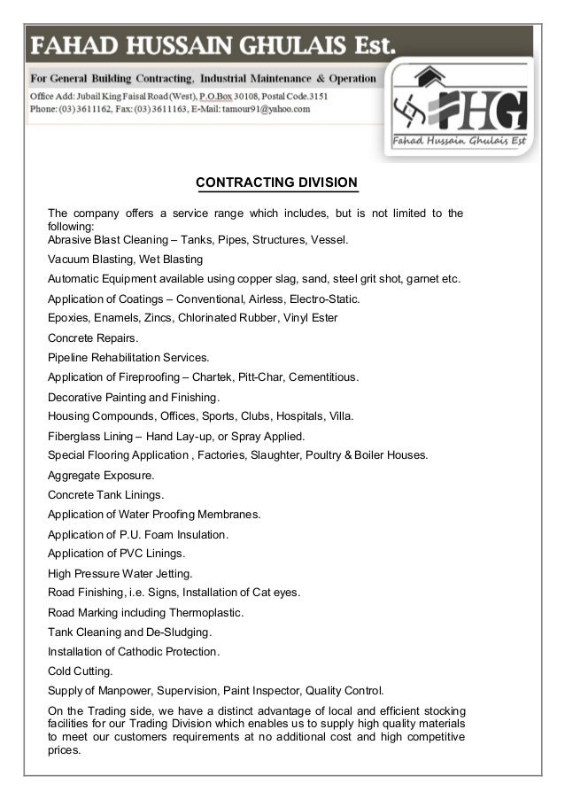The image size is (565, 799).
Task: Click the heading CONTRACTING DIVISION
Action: tap(276, 183)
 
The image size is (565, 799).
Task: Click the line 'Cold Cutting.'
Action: tap(80, 671)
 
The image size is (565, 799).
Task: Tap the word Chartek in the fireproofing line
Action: tap(216, 376)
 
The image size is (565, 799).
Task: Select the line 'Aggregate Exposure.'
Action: tap(95, 475)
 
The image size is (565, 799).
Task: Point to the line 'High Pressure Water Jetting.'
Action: tap(120, 573)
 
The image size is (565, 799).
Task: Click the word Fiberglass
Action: tap(75, 436)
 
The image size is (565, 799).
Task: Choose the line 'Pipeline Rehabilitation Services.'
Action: tap(128, 357)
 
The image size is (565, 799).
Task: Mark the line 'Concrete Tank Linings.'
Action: tap(105, 494)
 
